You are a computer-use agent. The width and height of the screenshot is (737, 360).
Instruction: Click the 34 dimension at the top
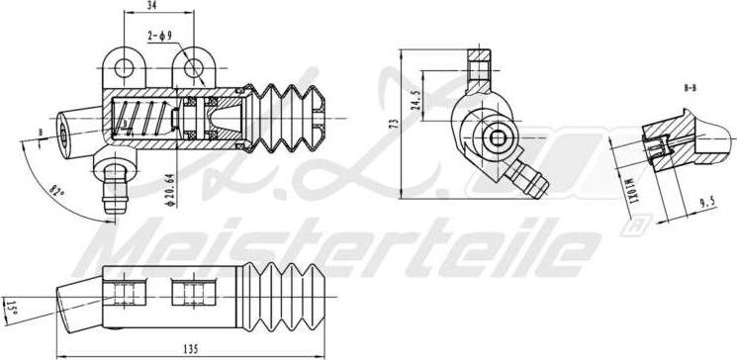(151, 6)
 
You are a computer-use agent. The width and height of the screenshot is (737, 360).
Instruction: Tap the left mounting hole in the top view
(126, 66)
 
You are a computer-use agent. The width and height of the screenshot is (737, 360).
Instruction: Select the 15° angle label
(10, 307)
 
